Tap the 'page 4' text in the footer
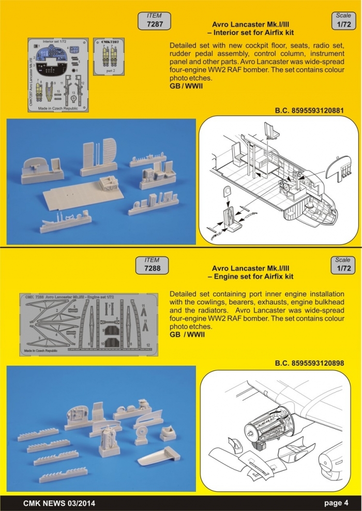pos(337,503)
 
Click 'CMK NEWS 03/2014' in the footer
pos(59,503)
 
